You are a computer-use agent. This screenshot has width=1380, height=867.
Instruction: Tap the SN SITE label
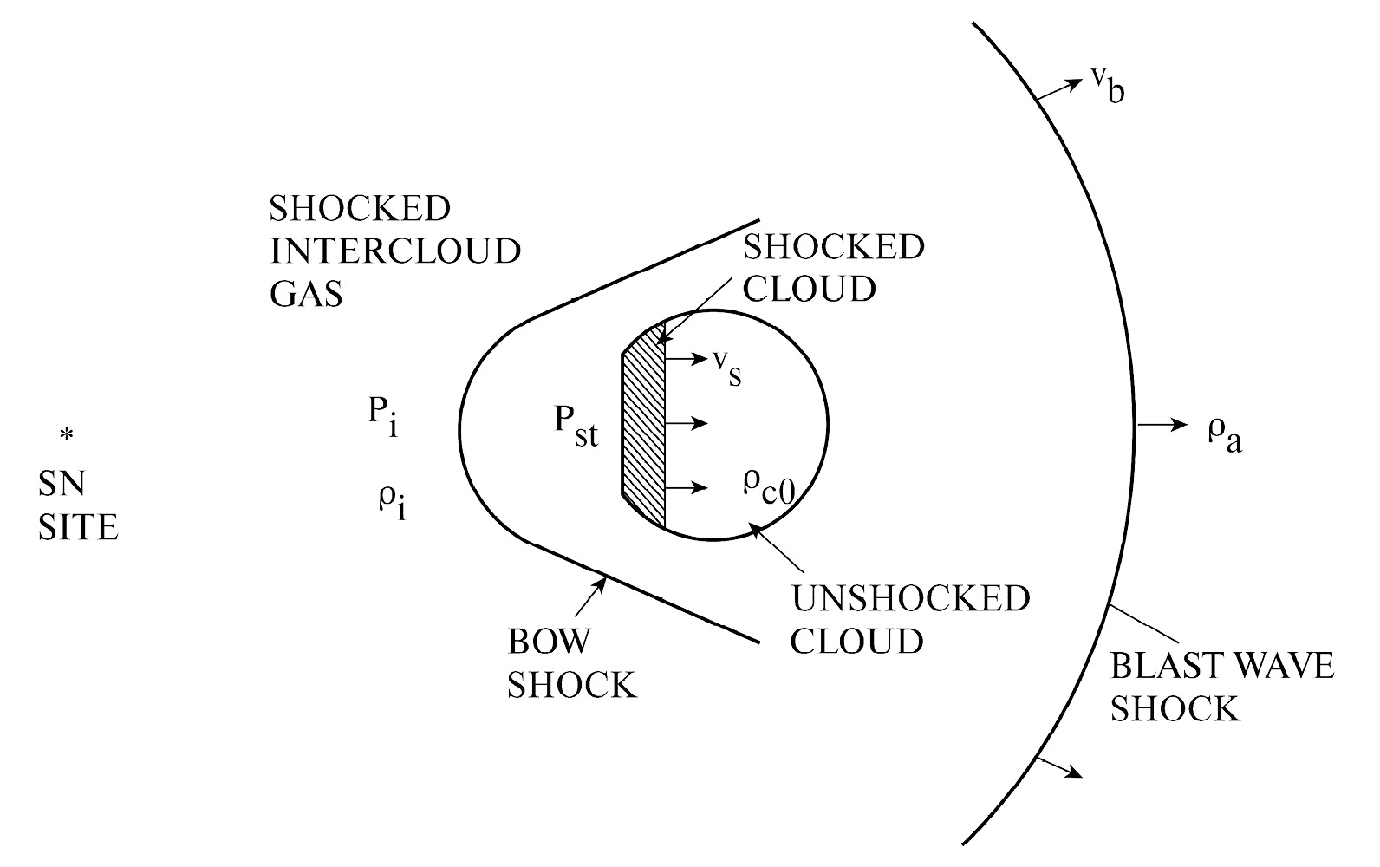(x=78, y=505)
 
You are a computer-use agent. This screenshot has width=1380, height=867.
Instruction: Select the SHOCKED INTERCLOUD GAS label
(x=394, y=251)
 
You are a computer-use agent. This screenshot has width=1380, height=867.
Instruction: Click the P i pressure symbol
(x=382, y=417)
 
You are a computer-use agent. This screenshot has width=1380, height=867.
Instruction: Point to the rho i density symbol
(x=391, y=501)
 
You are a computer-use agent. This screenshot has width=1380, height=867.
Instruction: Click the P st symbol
(x=576, y=426)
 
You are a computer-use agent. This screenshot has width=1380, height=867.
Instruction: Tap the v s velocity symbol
(x=726, y=368)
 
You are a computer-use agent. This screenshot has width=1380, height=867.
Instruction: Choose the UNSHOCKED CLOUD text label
(x=910, y=620)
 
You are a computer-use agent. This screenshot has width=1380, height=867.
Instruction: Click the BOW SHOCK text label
(x=572, y=663)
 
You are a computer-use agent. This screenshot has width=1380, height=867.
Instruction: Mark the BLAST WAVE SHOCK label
(x=1221, y=688)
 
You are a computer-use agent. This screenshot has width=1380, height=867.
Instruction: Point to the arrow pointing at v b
(x=1061, y=87)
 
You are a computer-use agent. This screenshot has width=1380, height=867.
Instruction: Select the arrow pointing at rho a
(x=1162, y=425)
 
